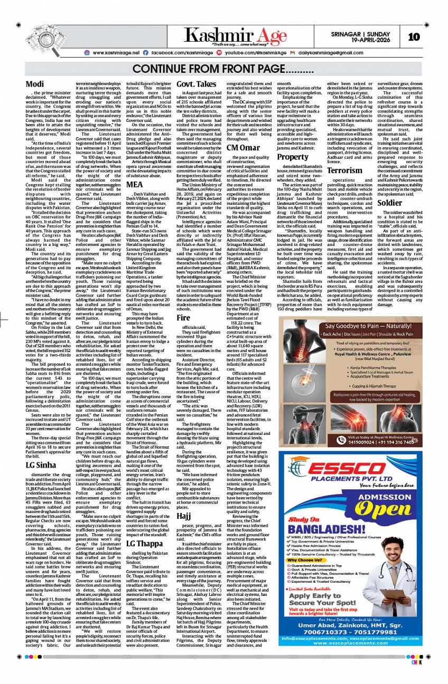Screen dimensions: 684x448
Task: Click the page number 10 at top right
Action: coord(414,36)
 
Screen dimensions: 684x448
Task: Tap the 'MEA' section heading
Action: coord(134,184)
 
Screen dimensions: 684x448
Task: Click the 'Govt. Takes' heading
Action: coord(196,84)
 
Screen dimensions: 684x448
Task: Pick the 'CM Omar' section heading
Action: coord(243,148)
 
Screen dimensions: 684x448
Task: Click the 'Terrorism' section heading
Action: coord(344,170)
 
